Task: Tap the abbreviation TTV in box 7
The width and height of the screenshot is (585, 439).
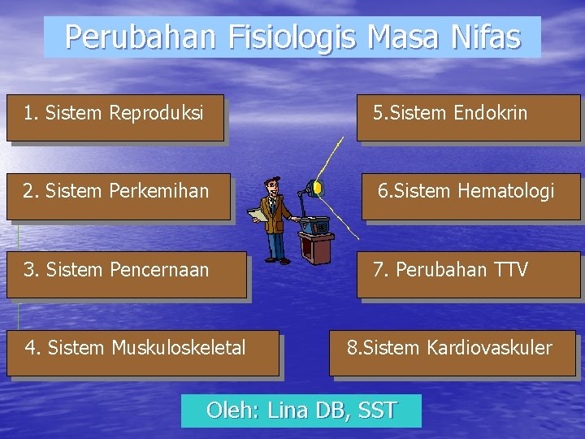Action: coord(510,269)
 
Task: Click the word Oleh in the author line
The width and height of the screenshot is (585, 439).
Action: coord(232,411)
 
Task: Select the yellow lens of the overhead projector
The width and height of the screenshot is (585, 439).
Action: coord(318,189)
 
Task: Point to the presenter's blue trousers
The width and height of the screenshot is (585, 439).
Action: coord(276,245)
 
